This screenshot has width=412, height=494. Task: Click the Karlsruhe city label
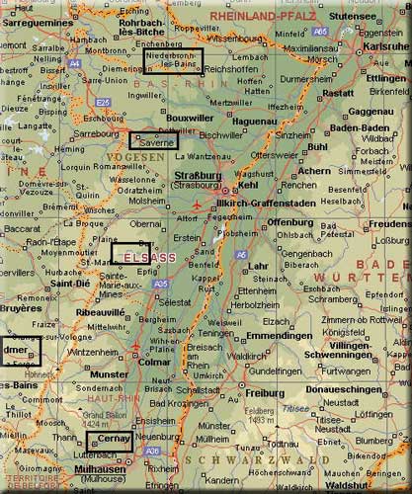pos(386,46)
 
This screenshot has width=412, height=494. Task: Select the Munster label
pos(109,374)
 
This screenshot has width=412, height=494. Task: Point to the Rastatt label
pos(337,93)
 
